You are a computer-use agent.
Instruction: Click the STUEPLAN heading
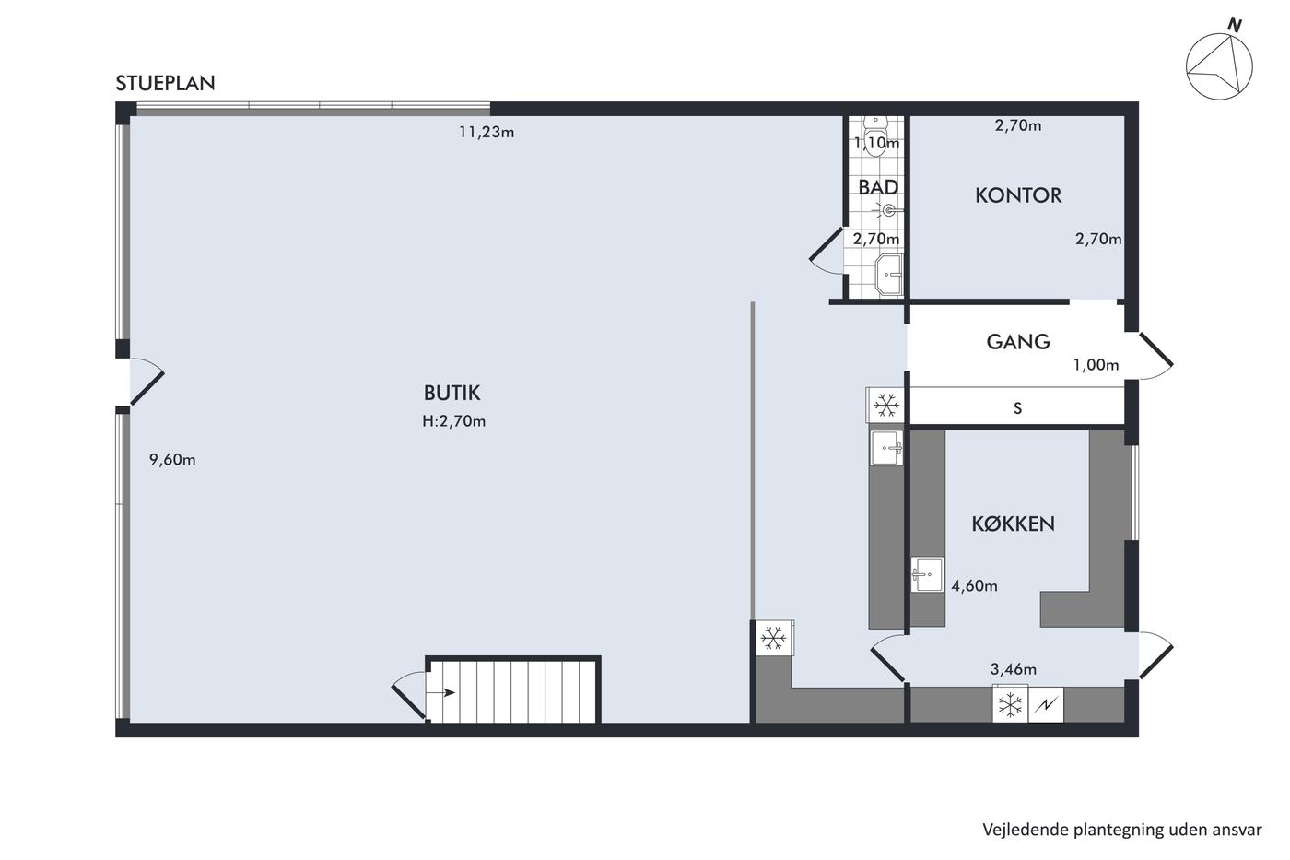165,84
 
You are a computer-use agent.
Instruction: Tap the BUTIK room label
452,393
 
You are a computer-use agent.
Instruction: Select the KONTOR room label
1018,195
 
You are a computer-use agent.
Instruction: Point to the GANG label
1018,342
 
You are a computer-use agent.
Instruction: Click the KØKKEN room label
1013,524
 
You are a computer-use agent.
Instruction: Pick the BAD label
878,187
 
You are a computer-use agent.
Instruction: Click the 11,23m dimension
487,133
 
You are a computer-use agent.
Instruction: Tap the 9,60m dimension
172,460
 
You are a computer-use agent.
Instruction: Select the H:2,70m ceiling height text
453,421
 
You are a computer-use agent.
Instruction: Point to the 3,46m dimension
1014,669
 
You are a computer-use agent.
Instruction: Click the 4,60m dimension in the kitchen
975,586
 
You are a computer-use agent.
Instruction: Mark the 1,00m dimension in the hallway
1096,365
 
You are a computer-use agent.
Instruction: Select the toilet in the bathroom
876,135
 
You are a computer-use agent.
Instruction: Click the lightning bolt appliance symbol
1046,705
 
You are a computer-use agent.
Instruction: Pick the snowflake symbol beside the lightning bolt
1010,705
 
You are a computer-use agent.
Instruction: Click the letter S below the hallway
1017,408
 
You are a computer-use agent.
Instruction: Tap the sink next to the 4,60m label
927,574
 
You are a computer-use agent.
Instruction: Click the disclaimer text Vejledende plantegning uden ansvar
1122,831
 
